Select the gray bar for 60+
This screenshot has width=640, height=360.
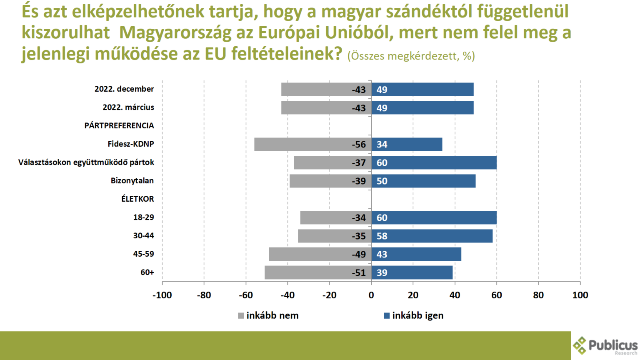click(x=308, y=272)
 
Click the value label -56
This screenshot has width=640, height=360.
click(x=358, y=144)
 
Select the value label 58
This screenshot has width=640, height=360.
click(x=382, y=236)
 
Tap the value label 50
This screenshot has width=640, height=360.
click(x=382, y=181)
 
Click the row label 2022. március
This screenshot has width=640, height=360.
click(x=128, y=107)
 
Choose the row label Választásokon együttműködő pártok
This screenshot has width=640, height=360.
click(x=86, y=162)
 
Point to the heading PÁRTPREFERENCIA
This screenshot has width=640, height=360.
click(x=119, y=125)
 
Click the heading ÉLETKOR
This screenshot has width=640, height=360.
click(x=137, y=199)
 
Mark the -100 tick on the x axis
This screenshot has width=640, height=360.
click(x=162, y=295)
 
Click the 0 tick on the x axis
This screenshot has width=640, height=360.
click(x=371, y=295)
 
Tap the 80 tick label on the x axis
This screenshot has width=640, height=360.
click(x=538, y=295)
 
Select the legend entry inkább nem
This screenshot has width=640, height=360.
click(x=269, y=315)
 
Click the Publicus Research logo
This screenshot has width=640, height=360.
click(x=605, y=346)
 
